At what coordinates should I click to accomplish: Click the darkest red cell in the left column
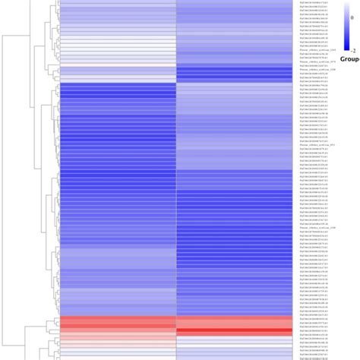click(118, 323)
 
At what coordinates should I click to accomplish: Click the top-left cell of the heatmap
click(118, 2)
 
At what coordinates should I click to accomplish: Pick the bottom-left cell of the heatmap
click(118, 357)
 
